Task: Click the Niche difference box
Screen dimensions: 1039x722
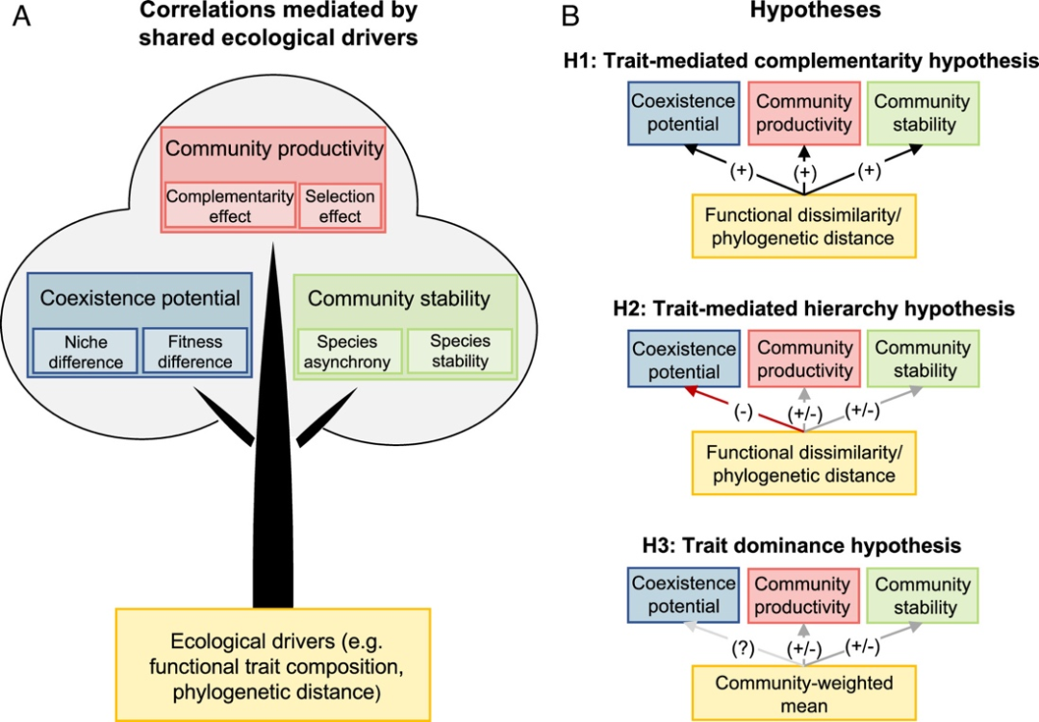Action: (x=86, y=351)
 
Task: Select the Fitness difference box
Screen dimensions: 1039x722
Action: (x=194, y=351)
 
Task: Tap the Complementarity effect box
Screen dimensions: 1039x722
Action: (x=230, y=206)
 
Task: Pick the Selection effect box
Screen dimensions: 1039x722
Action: (x=341, y=206)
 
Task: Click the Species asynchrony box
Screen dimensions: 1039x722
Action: (x=349, y=351)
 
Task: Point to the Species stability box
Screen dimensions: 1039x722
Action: (x=460, y=351)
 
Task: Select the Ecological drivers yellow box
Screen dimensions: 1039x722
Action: (x=273, y=665)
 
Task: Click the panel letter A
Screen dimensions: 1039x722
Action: (x=21, y=15)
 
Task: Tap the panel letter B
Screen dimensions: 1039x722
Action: (x=570, y=15)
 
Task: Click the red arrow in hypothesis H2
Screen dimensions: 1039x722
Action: (x=744, y=410)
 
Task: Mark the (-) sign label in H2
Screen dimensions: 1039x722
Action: (x=743, y=411)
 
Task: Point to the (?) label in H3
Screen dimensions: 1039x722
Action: (x=743, y=649)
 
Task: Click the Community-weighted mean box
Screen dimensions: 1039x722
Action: (x=803, y=693)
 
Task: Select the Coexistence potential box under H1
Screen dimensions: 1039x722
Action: (x=683, y=113)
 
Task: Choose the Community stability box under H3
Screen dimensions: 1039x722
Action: (x=923, y=595)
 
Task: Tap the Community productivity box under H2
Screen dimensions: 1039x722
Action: (x=803, y=359)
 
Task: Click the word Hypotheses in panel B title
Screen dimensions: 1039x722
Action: (x=816, y=10)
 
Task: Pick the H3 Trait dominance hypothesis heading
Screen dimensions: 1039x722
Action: (x=801, y=545)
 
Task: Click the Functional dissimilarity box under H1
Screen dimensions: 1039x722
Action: (x=803, y=226)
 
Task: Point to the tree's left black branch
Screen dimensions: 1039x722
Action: (x=224, y=416)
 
